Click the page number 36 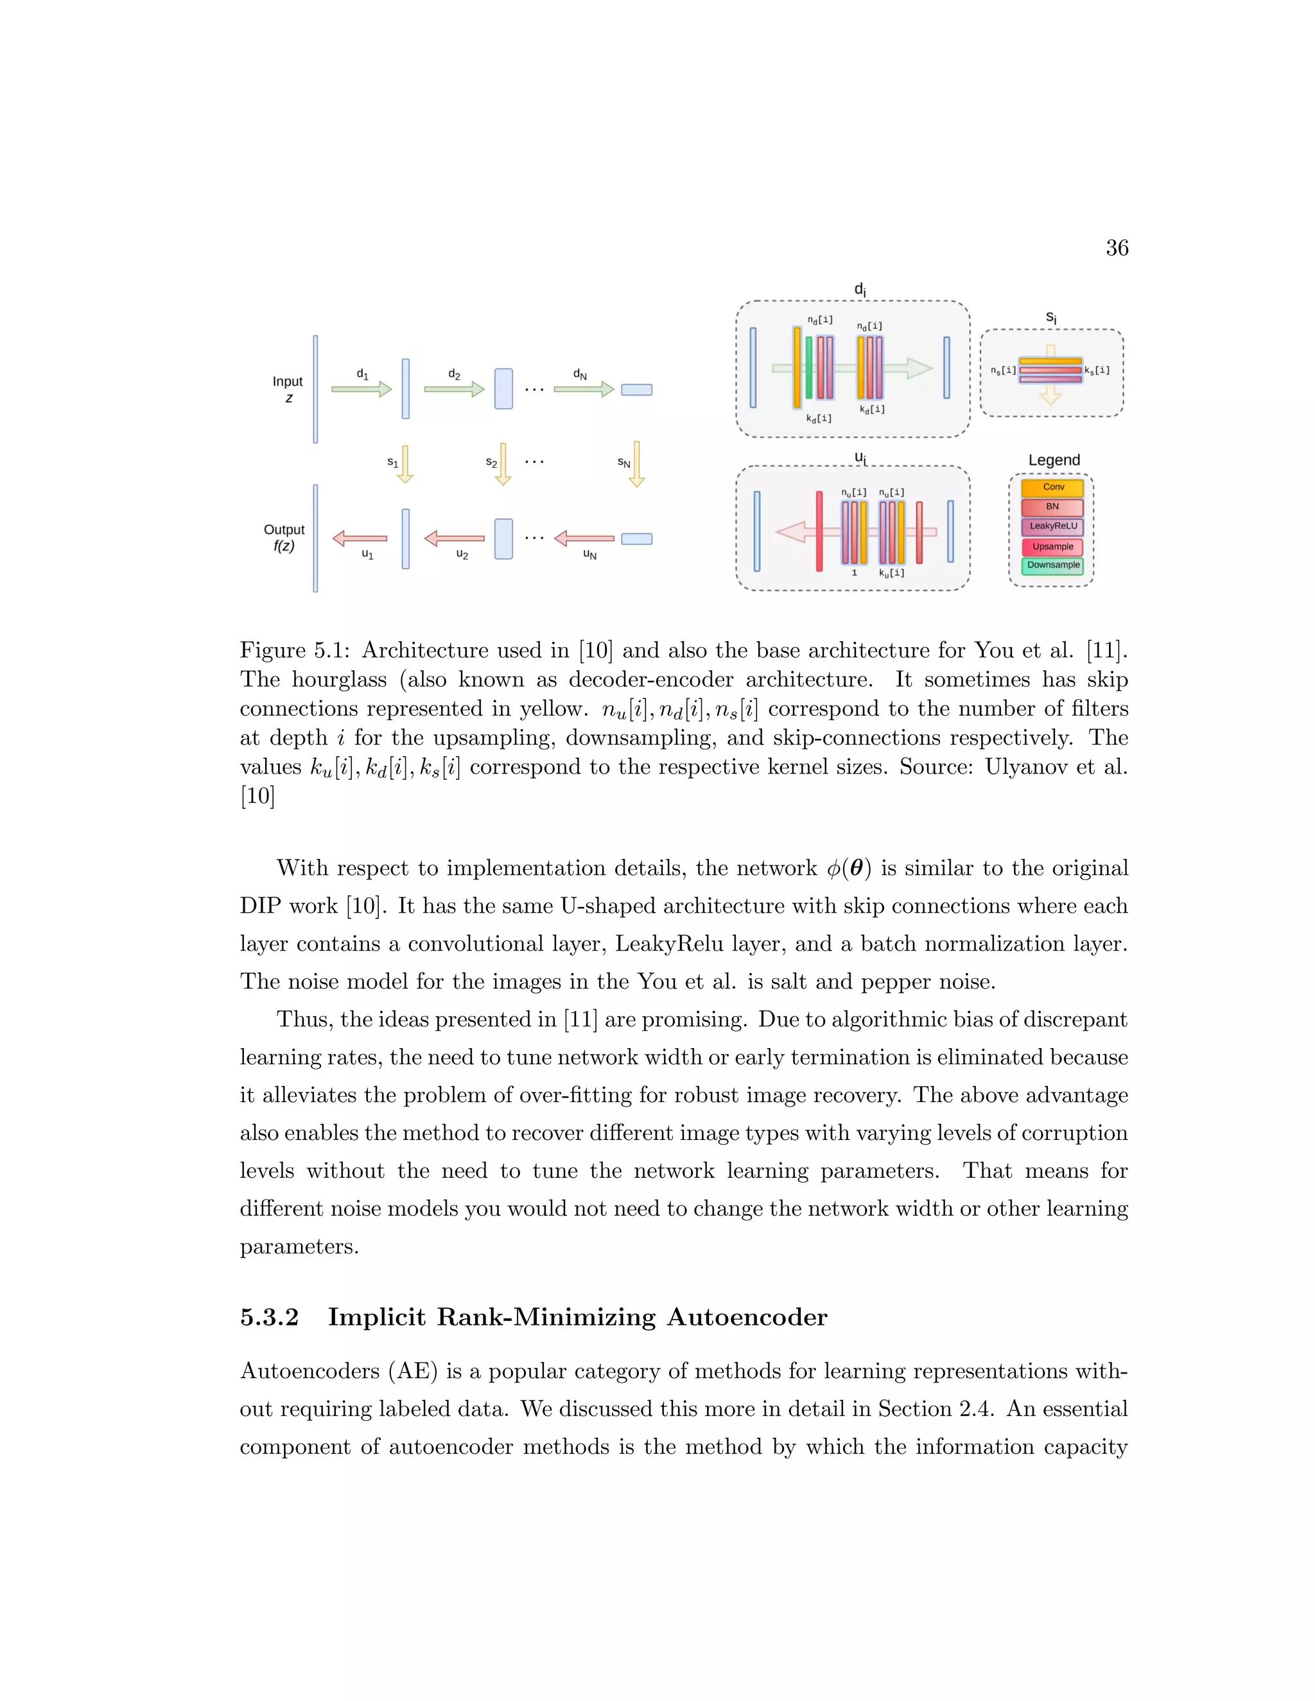[1117, 248]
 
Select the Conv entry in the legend [1052, 488]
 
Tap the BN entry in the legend [1052, 507]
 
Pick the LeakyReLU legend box [1052, 526]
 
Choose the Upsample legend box [1052, 547]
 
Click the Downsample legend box [1052, 566]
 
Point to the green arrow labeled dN [584, 388]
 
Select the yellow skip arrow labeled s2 [503, 464]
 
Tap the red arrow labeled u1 [360, 538]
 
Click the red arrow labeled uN [584, 538]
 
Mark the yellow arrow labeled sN [636, 464]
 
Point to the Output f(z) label [284, 537]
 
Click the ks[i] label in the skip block [1097, 371]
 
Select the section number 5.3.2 [270, 1317]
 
